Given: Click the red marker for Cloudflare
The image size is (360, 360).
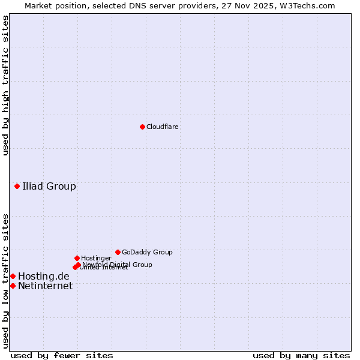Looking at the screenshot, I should (142, 127).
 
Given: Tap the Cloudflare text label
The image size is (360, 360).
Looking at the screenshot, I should (162, 127).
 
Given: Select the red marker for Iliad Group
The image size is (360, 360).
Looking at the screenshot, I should (17, 186).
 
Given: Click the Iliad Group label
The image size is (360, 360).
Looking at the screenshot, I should (49, 186).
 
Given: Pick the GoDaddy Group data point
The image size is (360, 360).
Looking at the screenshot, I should (118, 252).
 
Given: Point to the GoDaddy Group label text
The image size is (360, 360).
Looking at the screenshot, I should (147, 252).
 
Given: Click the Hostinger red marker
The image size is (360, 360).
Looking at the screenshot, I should (77, 258).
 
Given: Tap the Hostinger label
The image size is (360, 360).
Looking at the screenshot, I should (96, 258).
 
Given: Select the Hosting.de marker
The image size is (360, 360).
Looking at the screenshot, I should (13, 276).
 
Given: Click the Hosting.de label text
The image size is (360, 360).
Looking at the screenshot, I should (43, 276).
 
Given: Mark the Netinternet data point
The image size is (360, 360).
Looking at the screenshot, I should (13, 286).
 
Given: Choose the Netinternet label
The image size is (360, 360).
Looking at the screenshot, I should (45, 286).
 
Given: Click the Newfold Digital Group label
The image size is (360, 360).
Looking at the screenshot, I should (117, 264).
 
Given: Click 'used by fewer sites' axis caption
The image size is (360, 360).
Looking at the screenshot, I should (62, 355).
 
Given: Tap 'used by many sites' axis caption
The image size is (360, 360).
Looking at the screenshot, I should (301, 355).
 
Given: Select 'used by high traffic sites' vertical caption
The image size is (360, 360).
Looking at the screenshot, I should (5, 85).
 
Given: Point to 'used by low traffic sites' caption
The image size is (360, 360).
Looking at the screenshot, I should (5, 281).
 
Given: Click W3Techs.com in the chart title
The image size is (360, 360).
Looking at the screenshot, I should (310, 5).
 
